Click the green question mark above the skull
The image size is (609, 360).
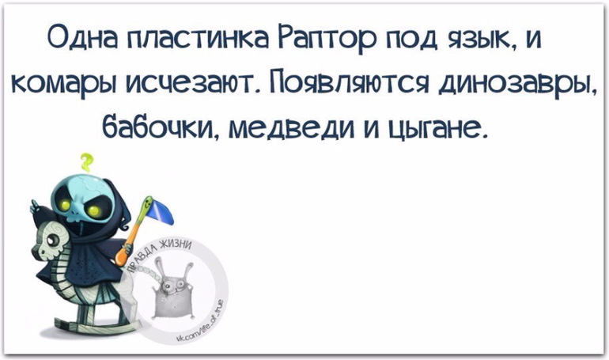87,162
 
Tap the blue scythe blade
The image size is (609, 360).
160,213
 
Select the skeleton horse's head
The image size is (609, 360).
51,238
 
